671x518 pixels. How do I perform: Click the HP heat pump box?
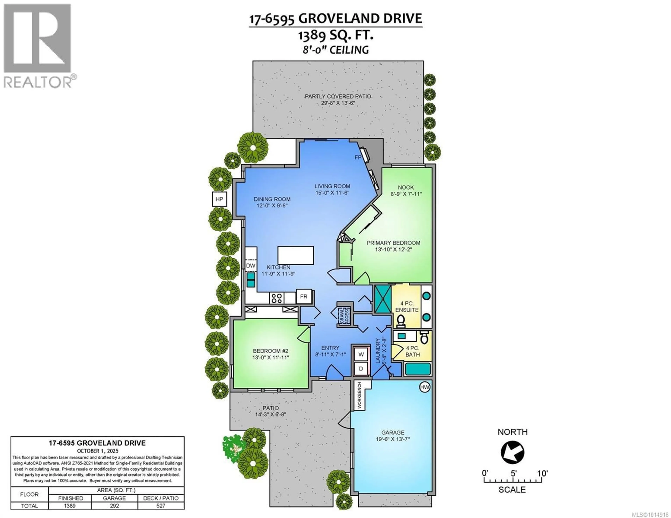click(219, 199)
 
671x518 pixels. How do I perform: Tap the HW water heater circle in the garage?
click(425, 387)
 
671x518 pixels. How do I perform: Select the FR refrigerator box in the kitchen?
click(304, 297)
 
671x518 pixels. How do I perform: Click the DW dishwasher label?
click(251, 266)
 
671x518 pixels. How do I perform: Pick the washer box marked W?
click(361, 354)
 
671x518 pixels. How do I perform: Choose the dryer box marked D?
click(361, 368)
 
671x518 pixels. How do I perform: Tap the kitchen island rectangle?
click(295, 255)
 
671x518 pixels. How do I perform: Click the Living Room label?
click(332, 186)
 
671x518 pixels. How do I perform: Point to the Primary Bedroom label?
click(393, 243)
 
